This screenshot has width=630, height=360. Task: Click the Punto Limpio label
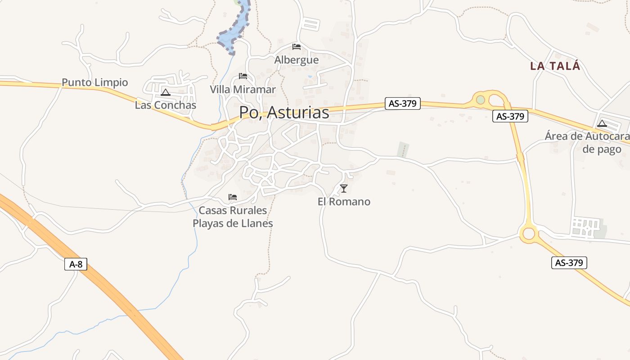coord(94,83)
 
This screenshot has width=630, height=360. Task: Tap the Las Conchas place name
coord(166,105)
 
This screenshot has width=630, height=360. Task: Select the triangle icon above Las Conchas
coord(166,93)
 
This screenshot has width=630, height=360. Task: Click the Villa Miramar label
coord(243,90)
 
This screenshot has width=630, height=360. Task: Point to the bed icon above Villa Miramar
coord(243,76)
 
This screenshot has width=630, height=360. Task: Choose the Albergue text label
coord(297,60)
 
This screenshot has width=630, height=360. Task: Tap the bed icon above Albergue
coord(297,47)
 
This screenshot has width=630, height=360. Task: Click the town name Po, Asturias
coord(284,112)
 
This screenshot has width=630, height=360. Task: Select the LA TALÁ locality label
coord(555,66)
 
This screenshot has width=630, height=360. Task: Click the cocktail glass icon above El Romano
coord(344,188)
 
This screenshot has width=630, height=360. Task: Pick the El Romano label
coord(344,202)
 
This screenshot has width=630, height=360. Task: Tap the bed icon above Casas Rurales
coord(233,197)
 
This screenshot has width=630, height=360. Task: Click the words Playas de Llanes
coord(233,223)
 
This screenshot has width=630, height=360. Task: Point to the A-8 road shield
coord(76,264)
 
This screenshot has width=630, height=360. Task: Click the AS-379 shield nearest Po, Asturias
coord(402,103)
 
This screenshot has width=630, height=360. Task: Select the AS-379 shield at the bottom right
coord(569,263)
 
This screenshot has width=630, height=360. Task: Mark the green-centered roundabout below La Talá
coord(481,99)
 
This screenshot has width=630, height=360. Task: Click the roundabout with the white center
coord(529,234)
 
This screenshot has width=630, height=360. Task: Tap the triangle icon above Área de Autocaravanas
coord(602,123)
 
